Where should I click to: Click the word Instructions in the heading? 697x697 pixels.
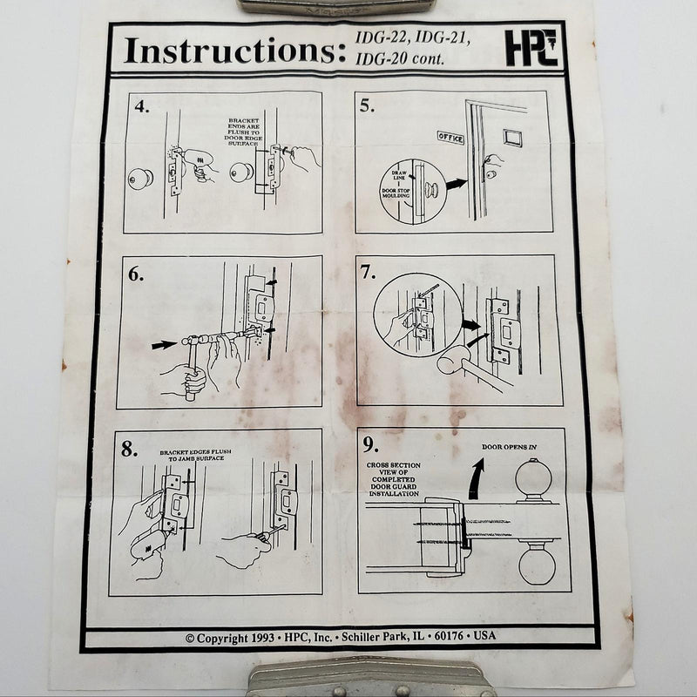229,50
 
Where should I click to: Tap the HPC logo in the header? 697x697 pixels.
531,48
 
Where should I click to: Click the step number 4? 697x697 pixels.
142,108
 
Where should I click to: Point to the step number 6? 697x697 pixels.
136,273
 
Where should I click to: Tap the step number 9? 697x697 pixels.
370,445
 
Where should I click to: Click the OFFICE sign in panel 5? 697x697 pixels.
450,138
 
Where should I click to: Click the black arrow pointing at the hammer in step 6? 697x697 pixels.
163,345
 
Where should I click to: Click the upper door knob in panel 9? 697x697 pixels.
534,480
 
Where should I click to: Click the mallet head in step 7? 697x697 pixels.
451,359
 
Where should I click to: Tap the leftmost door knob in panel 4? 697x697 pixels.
140,178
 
